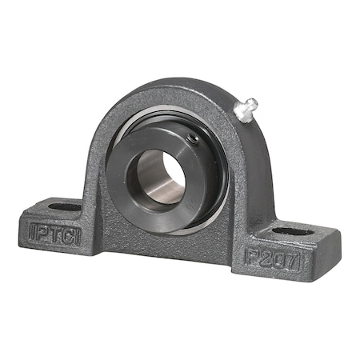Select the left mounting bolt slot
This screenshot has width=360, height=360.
tap(65, 207)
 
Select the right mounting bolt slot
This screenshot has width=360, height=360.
tap(293, 232)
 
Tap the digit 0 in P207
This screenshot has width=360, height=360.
tap(278, 261)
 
